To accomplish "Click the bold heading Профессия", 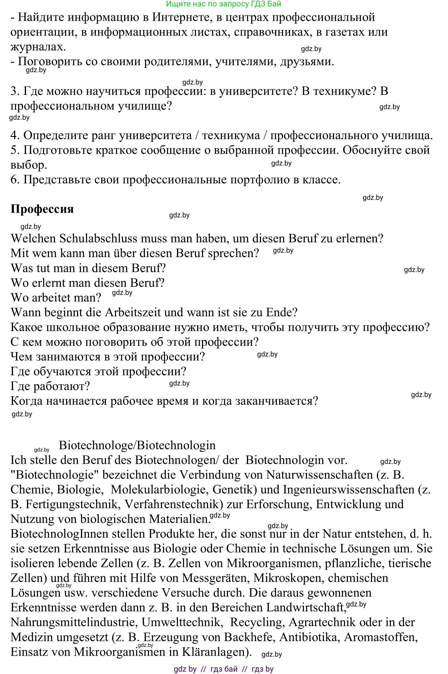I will pyautogui.click(x=42, y=209).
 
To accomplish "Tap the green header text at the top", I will pyautogui.click(x=223, y=4).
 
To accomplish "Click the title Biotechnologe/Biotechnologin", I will pyautogui.click(x=137, y=445).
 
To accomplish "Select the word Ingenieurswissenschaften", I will pyautogui.click(x=349, y=489).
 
